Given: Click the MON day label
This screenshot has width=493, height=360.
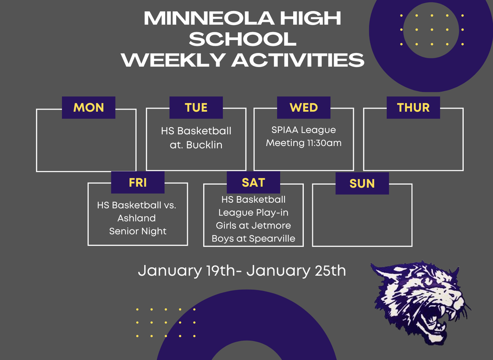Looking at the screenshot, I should coord(89,107).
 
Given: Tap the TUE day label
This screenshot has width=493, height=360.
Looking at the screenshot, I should coord(196,107).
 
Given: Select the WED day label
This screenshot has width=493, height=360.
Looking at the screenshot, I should coord(304,107).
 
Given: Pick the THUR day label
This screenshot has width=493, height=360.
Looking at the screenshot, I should coord(413,107).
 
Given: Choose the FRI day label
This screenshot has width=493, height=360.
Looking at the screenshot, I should coord(138,183).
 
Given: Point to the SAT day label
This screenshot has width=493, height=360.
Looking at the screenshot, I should coord(253,183).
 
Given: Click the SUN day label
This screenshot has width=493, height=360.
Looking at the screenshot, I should coord(362,184).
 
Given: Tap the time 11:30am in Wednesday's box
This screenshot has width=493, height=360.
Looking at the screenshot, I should coord(322,143).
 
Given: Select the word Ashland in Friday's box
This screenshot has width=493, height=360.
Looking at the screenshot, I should coord(137,218).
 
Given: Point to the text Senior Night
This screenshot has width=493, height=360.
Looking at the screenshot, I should coord(138,231).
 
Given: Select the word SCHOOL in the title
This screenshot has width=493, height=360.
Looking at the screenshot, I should coord(243,39).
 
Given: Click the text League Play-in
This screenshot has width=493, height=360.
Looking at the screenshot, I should coord(253,212).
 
